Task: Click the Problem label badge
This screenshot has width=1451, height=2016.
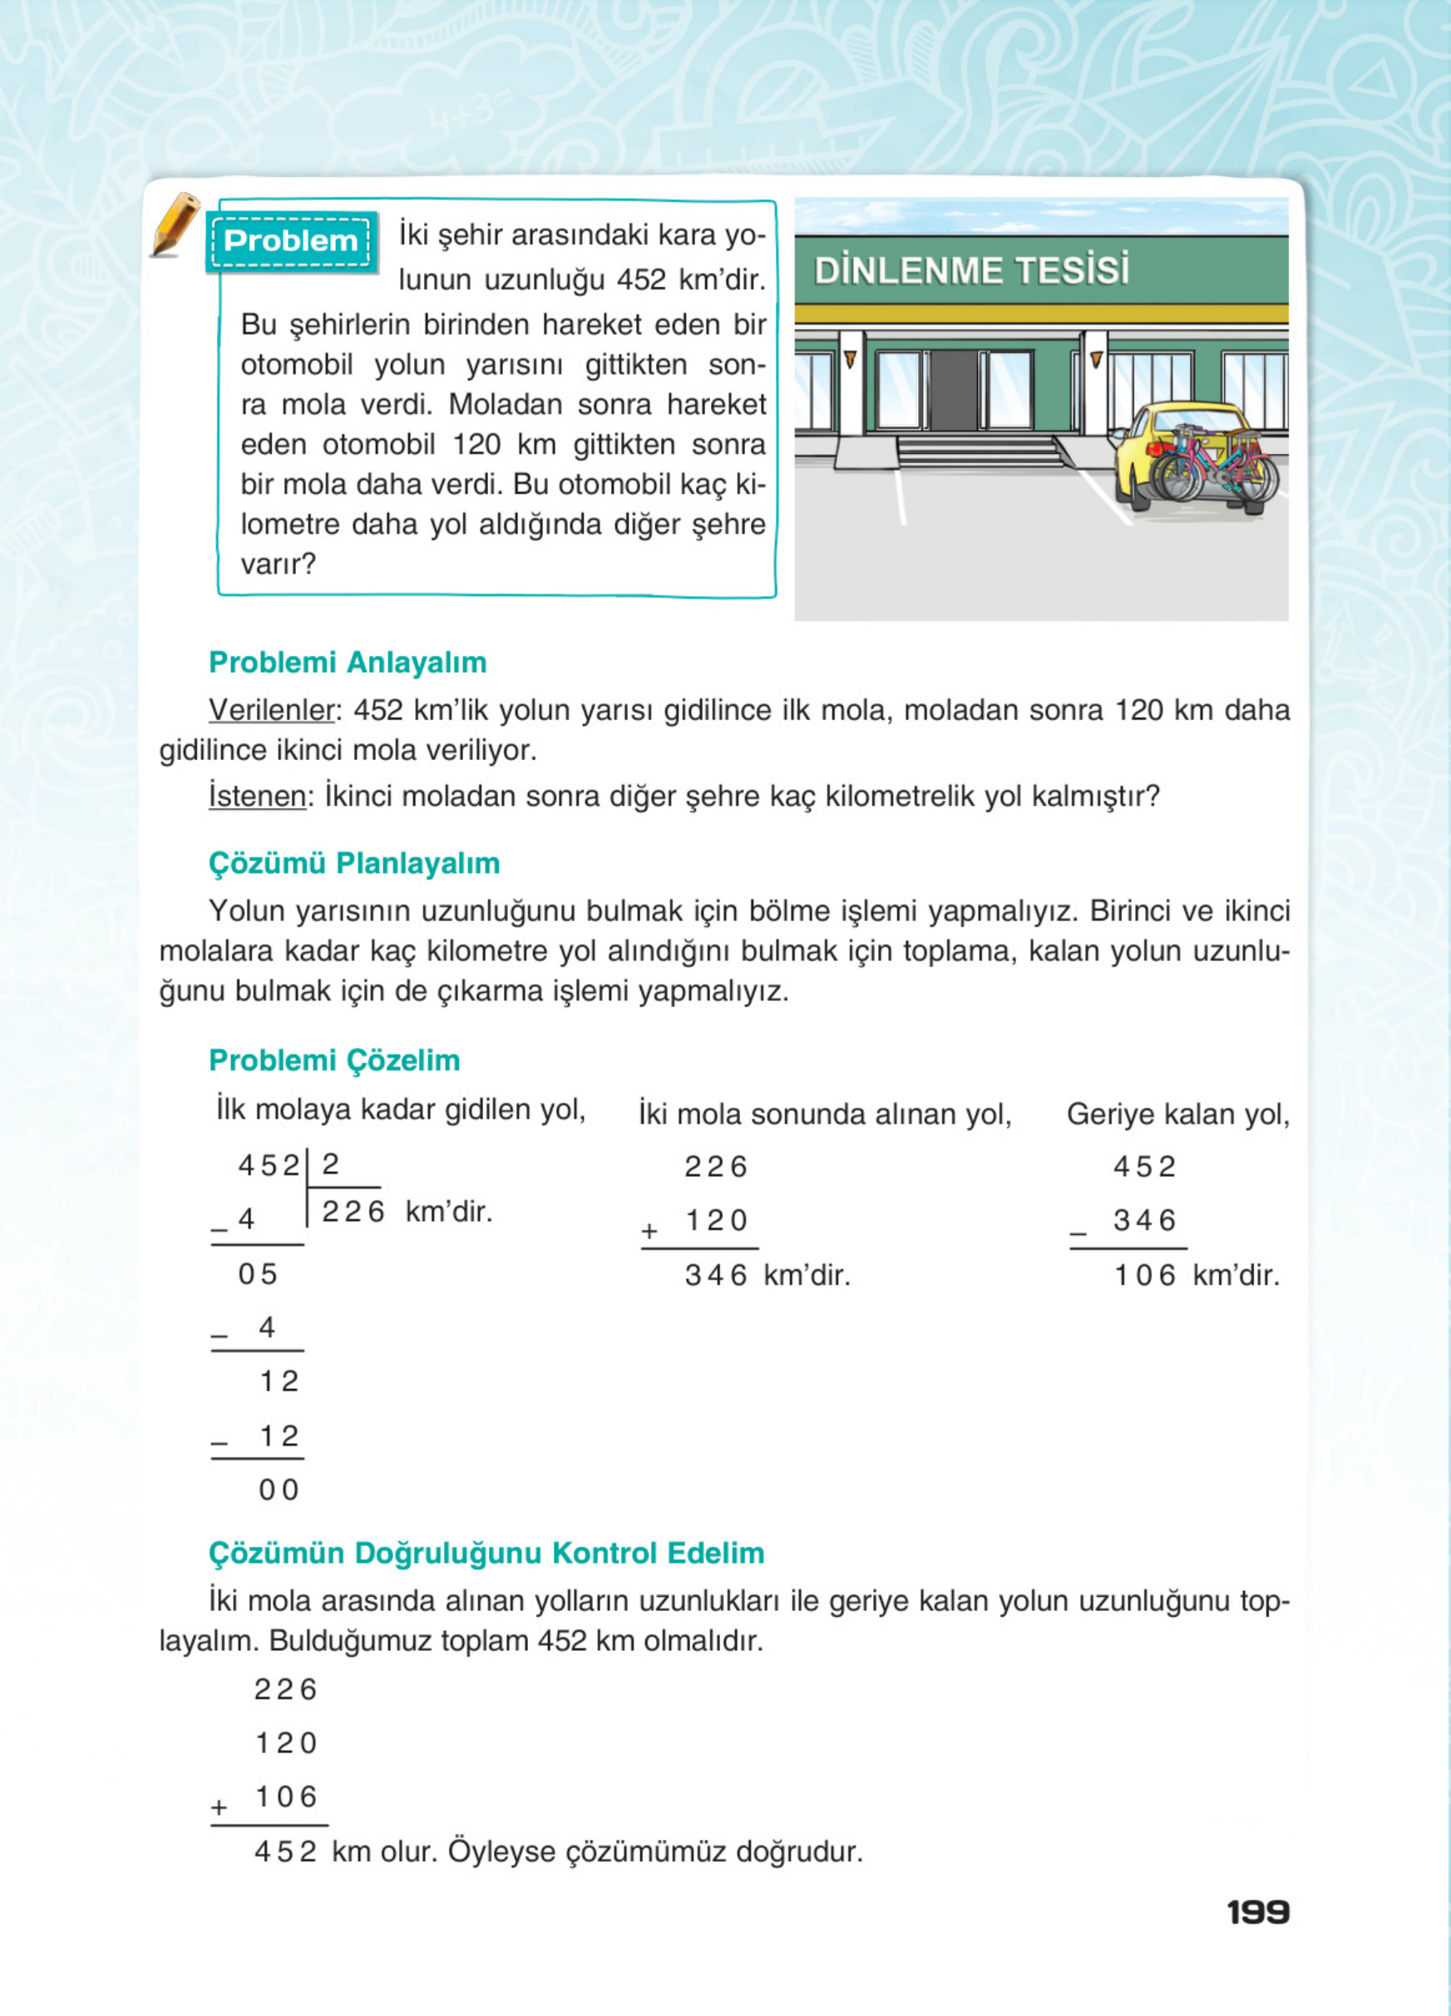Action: [290, 241]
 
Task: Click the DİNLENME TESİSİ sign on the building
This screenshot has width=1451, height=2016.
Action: [971, 270]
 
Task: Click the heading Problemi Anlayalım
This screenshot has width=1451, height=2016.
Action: [348, 662]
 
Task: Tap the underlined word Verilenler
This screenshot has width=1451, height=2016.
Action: [271, 710]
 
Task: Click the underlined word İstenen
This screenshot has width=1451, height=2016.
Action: [257, 796]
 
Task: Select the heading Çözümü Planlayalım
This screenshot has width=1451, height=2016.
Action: [353, 863]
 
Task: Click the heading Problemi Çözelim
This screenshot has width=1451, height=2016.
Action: [334, 1060]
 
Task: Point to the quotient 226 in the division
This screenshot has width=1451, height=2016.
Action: [353, 1212]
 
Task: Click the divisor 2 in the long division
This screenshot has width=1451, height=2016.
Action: [331, 1164]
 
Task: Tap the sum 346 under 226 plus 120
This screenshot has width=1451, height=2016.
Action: [715, 1276]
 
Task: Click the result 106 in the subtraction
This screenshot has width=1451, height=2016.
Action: [1144, 1276]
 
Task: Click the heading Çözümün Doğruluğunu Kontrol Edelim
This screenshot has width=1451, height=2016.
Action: [486, 1553]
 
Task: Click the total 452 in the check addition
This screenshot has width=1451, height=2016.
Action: [285, 1852]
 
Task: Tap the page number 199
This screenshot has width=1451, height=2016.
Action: [1257, 1912]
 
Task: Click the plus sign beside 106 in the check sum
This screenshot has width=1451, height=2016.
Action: [220, 1808]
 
